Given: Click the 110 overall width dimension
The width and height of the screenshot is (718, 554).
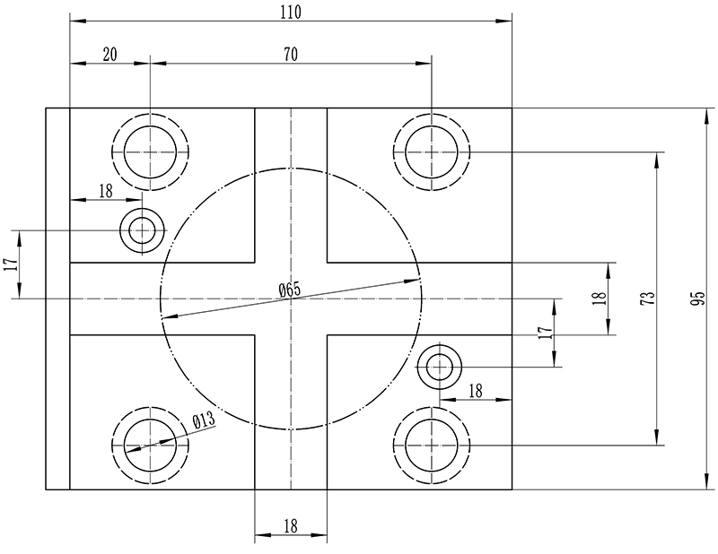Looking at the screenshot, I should click(x=290, y=12).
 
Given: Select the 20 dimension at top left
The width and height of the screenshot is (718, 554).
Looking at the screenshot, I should click(x=109, y=55).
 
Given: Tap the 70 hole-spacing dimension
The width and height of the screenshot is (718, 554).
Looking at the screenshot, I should click(x=290, y=55).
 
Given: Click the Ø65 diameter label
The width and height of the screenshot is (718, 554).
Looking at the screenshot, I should click(x=289, y=290).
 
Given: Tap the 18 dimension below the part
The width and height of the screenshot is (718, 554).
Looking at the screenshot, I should click(x=290, y=527).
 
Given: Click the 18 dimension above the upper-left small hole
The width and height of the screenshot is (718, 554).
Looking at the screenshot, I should click(x=105, y=190).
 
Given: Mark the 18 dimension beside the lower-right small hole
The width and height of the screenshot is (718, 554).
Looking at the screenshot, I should click(x=475, y=390).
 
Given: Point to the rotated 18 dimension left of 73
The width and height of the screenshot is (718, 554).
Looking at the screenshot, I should click(x=599, y=299).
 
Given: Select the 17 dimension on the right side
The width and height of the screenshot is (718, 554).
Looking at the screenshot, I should click(x=544, y=332).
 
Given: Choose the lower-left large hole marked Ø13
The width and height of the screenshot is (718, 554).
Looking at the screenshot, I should click(x=150, y=446).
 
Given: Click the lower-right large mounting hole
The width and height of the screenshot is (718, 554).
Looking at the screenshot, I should click(x=432, y=446).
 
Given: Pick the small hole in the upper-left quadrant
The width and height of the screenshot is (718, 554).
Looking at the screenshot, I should click(x=142, y=231).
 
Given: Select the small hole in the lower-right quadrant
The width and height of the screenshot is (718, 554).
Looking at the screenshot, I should click(x=440, y=367).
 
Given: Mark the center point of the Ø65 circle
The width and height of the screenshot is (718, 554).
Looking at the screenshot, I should click(x=291, y=299).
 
